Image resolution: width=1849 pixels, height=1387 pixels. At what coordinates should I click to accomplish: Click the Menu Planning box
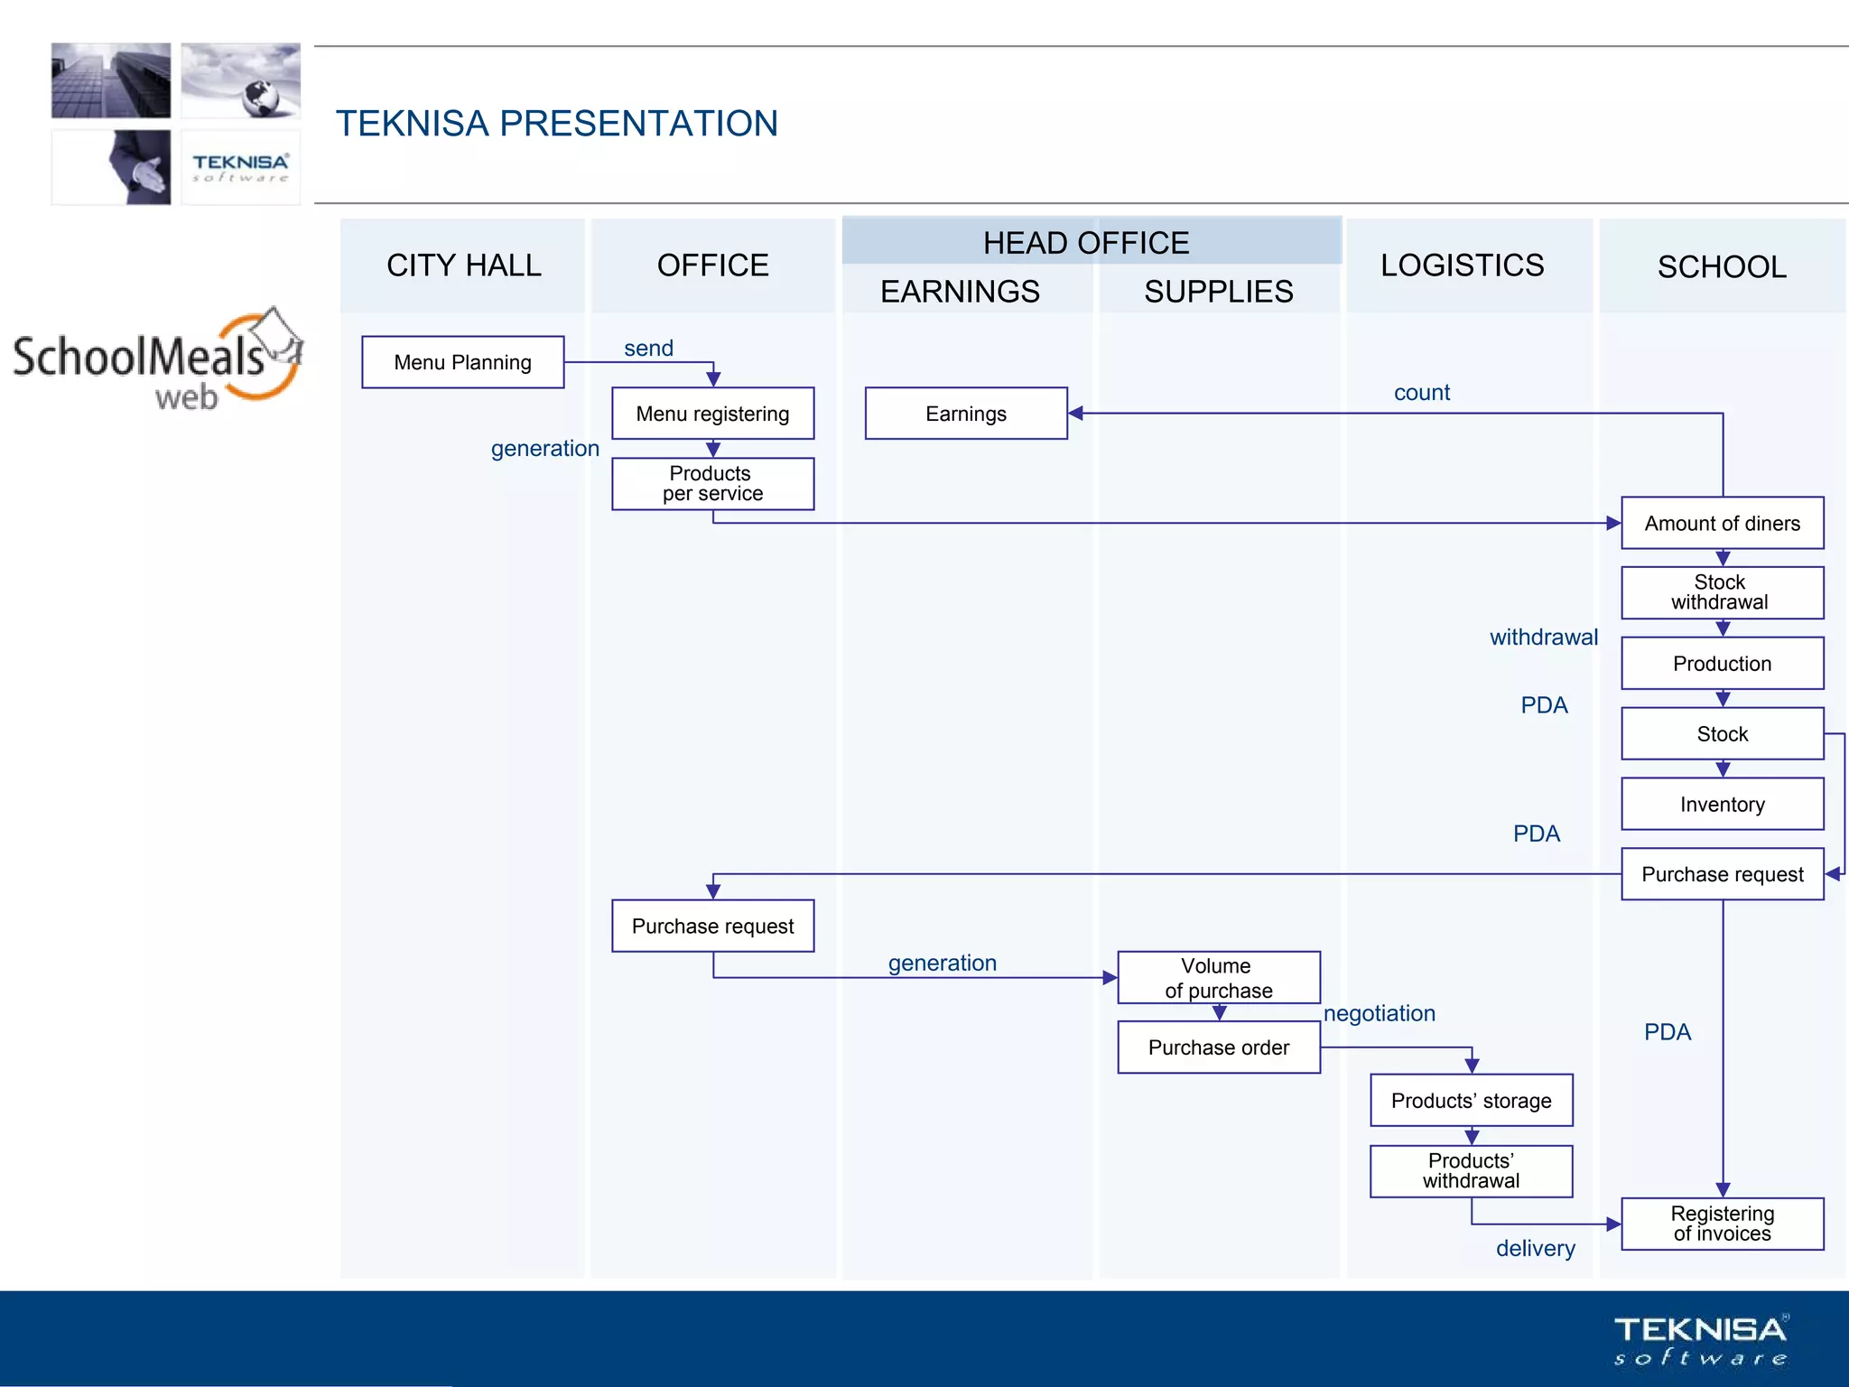pos(462,362)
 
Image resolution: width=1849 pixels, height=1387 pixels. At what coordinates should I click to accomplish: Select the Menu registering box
pos(712,414)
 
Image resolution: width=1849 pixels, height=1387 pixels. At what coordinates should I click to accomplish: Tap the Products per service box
pos(712,484)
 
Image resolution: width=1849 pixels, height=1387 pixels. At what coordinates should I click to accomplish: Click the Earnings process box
pos(965,414)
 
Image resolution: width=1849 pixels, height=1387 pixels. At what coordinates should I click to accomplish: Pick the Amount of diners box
pos(1722,523)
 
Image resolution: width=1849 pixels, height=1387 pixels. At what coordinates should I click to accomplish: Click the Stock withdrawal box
pos(1722,592)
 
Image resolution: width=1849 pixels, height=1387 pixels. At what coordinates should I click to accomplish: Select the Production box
pos(1722,664)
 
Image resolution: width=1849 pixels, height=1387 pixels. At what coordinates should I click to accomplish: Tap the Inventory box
pos(1722,804)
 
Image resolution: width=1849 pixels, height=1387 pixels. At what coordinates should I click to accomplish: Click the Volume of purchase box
pos(1218,978)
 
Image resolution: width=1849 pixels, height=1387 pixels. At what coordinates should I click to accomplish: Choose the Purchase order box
pos(1218,1047)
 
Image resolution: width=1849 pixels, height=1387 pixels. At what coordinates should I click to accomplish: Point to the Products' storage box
pos(1471,1101)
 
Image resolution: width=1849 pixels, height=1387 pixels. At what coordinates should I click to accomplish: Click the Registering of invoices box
pos(1722,1224)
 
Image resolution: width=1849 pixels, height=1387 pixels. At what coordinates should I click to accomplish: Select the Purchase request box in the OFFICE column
pos(712,926)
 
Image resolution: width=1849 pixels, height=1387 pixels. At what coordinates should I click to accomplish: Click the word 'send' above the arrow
pos(648,349)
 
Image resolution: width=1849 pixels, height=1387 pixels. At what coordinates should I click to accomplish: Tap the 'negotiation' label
pos(1379,1013)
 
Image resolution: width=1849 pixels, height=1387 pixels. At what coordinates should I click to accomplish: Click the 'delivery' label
pos(1535,1248)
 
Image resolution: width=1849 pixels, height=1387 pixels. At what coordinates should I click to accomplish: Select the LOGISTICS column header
pos(1462,265)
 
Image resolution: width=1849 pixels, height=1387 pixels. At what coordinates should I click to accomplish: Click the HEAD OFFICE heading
pos(1085,243)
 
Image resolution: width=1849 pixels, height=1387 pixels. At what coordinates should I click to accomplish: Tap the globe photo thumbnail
pos(240,80)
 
